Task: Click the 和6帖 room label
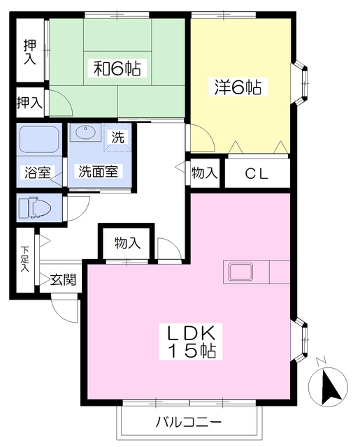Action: [x=118, y=68]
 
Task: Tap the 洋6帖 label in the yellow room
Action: [x=238, y=87]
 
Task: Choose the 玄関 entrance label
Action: [x=62, y=280]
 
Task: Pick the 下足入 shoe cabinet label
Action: [x=24, y=258]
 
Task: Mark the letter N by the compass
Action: [x=321, y=361]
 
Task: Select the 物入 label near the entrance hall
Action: [x=128, y=243]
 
